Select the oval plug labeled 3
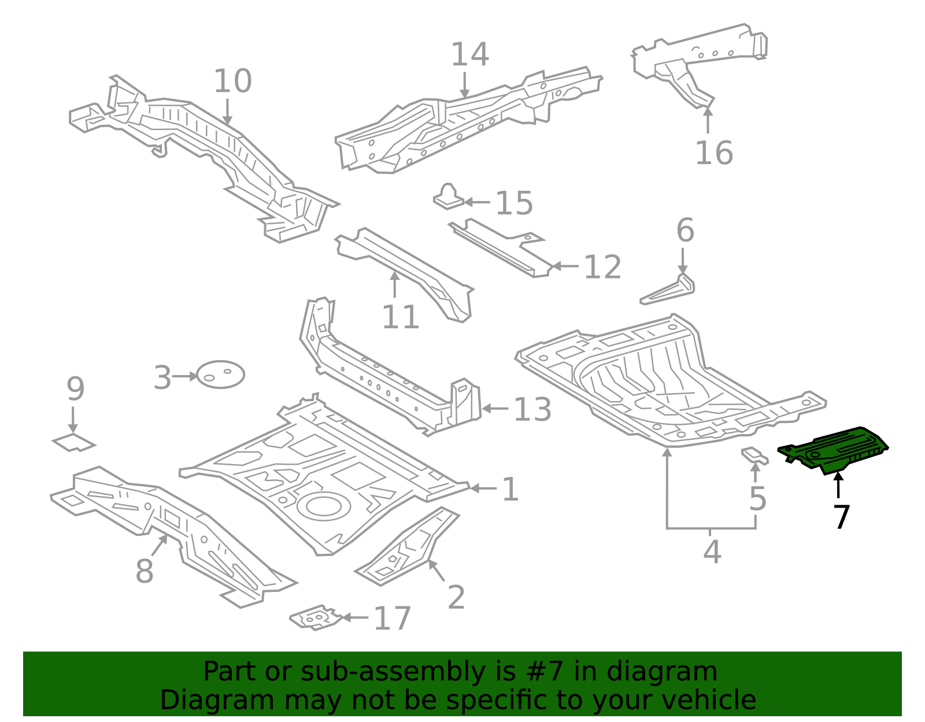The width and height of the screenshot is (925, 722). [221, 375]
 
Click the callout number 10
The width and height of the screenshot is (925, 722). [232, 82]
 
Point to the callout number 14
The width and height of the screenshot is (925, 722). [469, 55]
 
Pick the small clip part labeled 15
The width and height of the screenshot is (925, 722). [448, 197]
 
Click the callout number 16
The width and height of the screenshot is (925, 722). [713, 153]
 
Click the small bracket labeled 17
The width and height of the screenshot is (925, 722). [315, 618]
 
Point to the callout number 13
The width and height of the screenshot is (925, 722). [532, 409]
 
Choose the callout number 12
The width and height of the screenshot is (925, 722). [602, 267]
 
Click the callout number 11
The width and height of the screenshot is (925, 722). [400, 317]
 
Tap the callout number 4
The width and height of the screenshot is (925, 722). [712, 552]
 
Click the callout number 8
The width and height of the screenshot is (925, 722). [144, 572]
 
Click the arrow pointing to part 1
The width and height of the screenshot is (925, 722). [483, 488]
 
